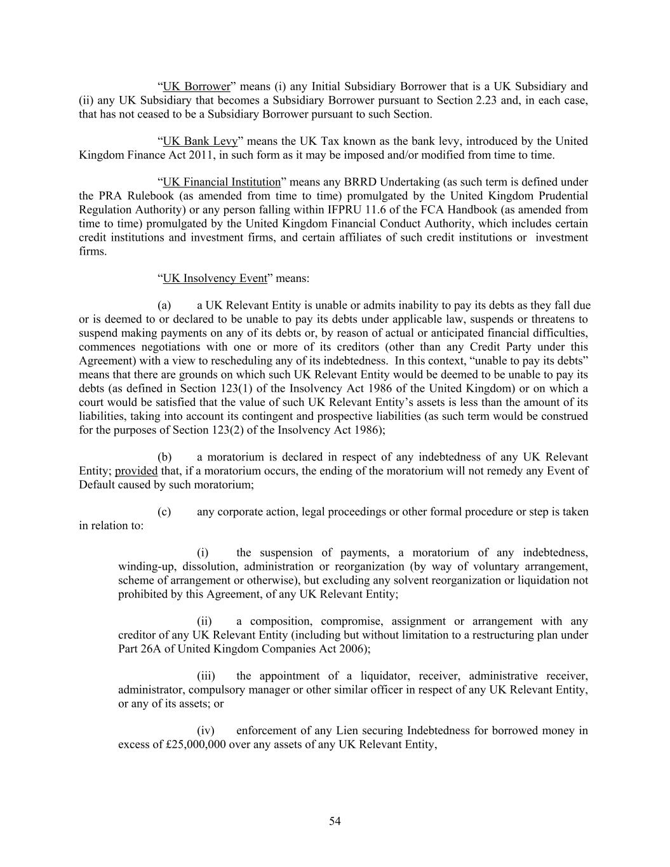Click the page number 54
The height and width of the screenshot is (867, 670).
click(335, 821)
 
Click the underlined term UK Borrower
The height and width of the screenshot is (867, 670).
click(196, 86)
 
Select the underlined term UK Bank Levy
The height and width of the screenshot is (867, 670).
click(200, 141)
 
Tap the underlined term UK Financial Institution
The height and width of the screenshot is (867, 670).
click(222, 182)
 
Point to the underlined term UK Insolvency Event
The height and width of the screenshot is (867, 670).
click(215, 278)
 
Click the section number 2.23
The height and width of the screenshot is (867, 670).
click(486, 100)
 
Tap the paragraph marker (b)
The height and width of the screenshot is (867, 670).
click(164, 457)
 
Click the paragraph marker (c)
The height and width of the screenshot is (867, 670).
click(164, 512)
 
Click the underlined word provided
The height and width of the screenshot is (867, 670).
click(136, 471)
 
